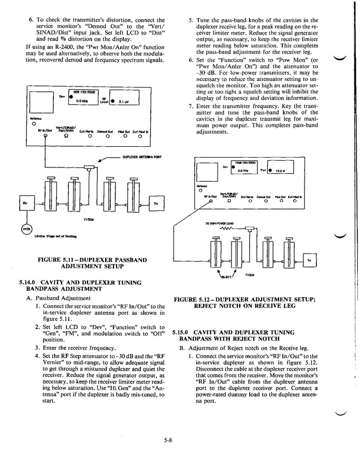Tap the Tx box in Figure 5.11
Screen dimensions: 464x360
(155, 202)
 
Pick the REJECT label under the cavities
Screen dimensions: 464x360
(226, 277)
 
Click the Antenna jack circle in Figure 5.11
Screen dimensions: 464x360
(34, 123)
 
